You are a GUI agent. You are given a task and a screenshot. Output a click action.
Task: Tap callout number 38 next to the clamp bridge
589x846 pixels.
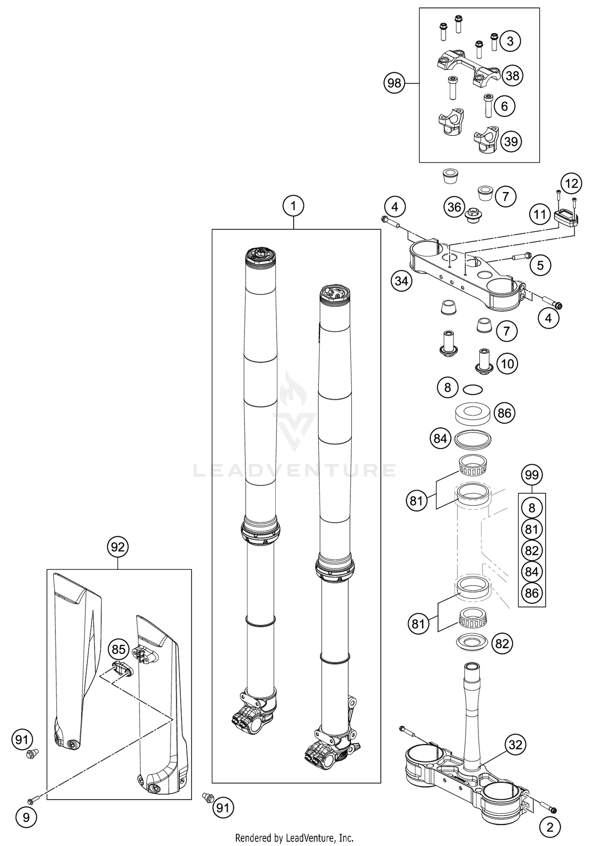pos(512,75)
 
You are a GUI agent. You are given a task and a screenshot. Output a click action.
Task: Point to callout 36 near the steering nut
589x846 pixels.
pos(454,207)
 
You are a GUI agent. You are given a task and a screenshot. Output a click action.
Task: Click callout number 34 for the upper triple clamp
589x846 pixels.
pos(402,281)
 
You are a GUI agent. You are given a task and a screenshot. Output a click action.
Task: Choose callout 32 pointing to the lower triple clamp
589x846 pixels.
pos(515,744)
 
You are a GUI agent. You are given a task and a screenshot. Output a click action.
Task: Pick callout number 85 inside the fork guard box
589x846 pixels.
pos(118,649)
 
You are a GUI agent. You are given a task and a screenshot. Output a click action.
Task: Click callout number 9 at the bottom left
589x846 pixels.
pos(26,817)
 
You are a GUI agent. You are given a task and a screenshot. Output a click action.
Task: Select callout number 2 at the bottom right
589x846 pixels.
pos(550,816)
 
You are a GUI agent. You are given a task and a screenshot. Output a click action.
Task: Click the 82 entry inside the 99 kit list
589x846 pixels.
pos(532,550)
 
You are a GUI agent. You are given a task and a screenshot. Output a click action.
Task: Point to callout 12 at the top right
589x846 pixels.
pos(571,183)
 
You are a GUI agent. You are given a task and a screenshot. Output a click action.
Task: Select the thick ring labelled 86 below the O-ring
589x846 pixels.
pos(473,414)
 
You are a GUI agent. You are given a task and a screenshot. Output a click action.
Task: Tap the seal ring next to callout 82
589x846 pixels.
pos(473,643)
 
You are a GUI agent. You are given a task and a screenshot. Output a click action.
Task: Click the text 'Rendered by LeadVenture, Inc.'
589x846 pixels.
pos(294,838)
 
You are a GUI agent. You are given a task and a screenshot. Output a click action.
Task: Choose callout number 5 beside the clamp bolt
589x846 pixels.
pos(540,266)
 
